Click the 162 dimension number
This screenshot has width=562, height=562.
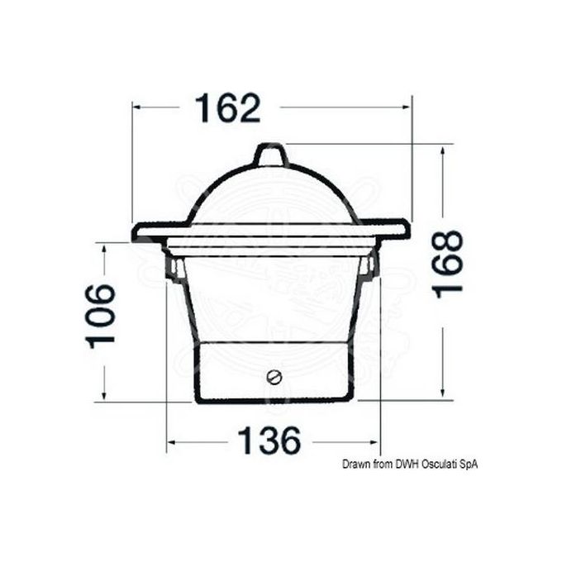[x=227, y=108]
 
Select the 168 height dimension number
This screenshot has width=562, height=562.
[x=448, y=264]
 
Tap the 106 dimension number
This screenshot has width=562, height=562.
[x=101, y=317]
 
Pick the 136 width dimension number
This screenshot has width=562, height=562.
[x=269, y=441]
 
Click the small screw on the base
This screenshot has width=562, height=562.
[x=274, y=377]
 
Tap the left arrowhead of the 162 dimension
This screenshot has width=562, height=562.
[x=136, y=107]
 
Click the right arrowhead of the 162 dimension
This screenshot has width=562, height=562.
[x=407, y=107]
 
